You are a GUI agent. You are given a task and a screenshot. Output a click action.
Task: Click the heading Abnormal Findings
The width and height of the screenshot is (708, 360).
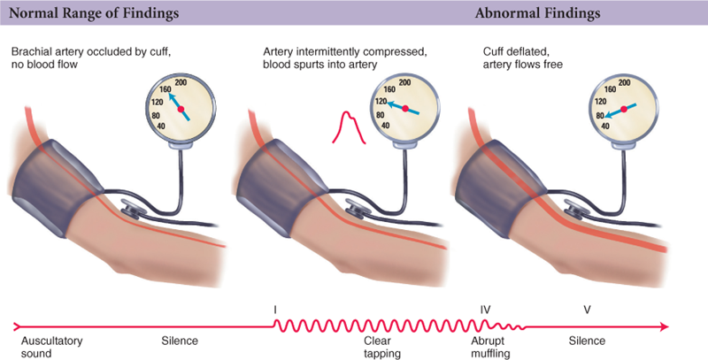[x=537, y=14]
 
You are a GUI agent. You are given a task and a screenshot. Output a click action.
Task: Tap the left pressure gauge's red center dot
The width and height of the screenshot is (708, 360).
[x=182, y=110]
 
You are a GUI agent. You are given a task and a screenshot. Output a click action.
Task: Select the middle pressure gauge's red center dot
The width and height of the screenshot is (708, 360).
[x=404, y=109]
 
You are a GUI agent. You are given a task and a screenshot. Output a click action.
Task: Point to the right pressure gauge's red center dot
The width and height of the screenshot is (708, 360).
[x=624, y=109]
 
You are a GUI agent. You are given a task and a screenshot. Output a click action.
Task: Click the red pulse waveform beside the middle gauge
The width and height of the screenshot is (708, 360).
[x=348, y=126]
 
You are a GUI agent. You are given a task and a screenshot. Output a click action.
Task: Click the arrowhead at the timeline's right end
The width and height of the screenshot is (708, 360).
[x=664, y=327]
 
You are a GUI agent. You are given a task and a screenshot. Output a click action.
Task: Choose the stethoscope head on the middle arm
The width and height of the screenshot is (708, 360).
[x=356, y=210]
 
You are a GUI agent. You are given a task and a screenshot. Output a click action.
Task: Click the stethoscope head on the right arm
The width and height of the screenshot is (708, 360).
[x=577, y=210]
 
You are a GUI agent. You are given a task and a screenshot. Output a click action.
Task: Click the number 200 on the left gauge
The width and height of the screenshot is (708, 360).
[x=183, y=82]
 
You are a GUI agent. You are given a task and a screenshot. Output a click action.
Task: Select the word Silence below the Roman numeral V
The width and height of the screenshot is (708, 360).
[x=587, y=340]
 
